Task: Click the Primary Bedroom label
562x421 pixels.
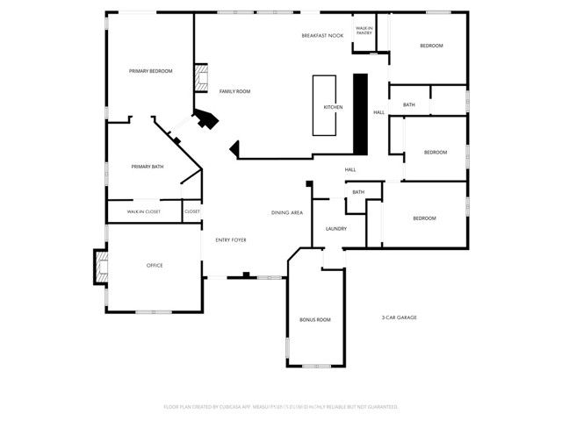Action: point(150,71)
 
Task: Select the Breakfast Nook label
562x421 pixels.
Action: point(322,36)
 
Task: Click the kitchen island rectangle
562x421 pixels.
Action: point(326,105)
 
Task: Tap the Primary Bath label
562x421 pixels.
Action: point(148,167)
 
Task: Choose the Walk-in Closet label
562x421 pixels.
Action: point(144,211)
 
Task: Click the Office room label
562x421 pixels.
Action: point(154,265)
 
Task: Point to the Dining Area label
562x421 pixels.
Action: point(287,213)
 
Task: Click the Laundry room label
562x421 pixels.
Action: point(335,229)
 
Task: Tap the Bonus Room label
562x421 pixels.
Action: point(314,319)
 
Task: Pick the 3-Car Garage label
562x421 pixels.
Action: point(399,317)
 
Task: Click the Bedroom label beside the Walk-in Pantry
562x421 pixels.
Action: point(430,46)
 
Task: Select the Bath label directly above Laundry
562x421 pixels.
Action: point(358,192)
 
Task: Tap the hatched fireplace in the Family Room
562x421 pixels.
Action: point(201,76)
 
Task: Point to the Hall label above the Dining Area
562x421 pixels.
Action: point(349,169)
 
